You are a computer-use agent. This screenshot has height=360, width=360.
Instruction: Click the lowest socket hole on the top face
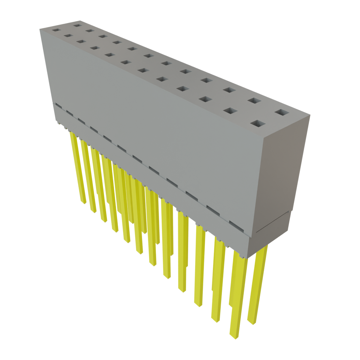pyautogui.click(x=258, y=124)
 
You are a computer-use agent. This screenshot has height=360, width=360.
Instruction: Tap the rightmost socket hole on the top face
pyautogui.click(x=282, y=112)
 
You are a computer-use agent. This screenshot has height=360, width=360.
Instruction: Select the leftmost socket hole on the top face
pyautogui.click(x=55, y=30)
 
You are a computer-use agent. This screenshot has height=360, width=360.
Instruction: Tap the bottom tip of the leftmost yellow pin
pyautogui.click(x=83, y=202)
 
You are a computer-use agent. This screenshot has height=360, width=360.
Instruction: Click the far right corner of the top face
pyautogui.click(x=310, y=114)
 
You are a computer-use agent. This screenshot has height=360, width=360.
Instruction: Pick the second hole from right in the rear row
pyautogui.click(x=254, y=101)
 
